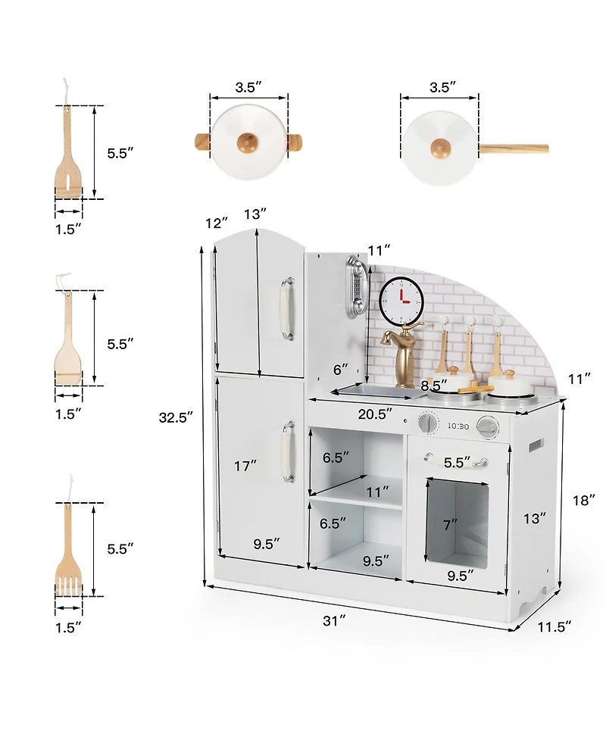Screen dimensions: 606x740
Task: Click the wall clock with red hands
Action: [x=401, y=300]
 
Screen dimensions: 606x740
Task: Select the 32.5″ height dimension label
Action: [x=176, y=417]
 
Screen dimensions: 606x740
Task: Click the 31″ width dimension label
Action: [x=334, y=621]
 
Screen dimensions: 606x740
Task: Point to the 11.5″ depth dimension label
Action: [x=554, y=626]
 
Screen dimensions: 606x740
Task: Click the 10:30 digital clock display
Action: [x=458, y=426]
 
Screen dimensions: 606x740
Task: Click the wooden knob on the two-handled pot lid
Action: [x=248, y=142]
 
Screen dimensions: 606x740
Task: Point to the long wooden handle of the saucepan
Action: [x=514, y=148]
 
